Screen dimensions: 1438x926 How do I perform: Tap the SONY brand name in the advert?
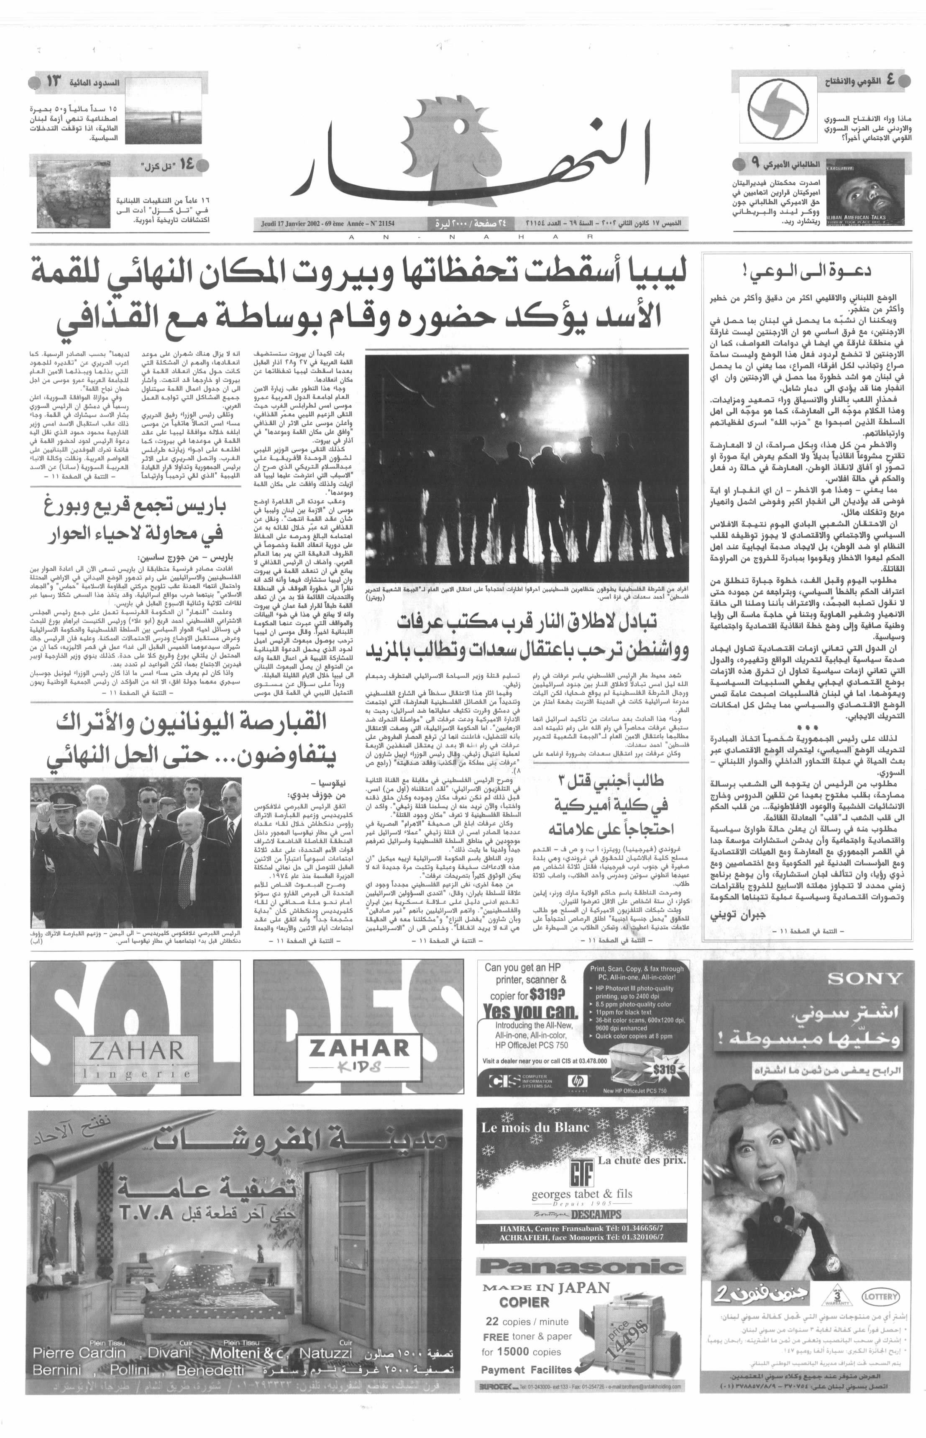pos(865,979)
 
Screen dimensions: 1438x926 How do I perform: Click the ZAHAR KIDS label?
pos(358,1055)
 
